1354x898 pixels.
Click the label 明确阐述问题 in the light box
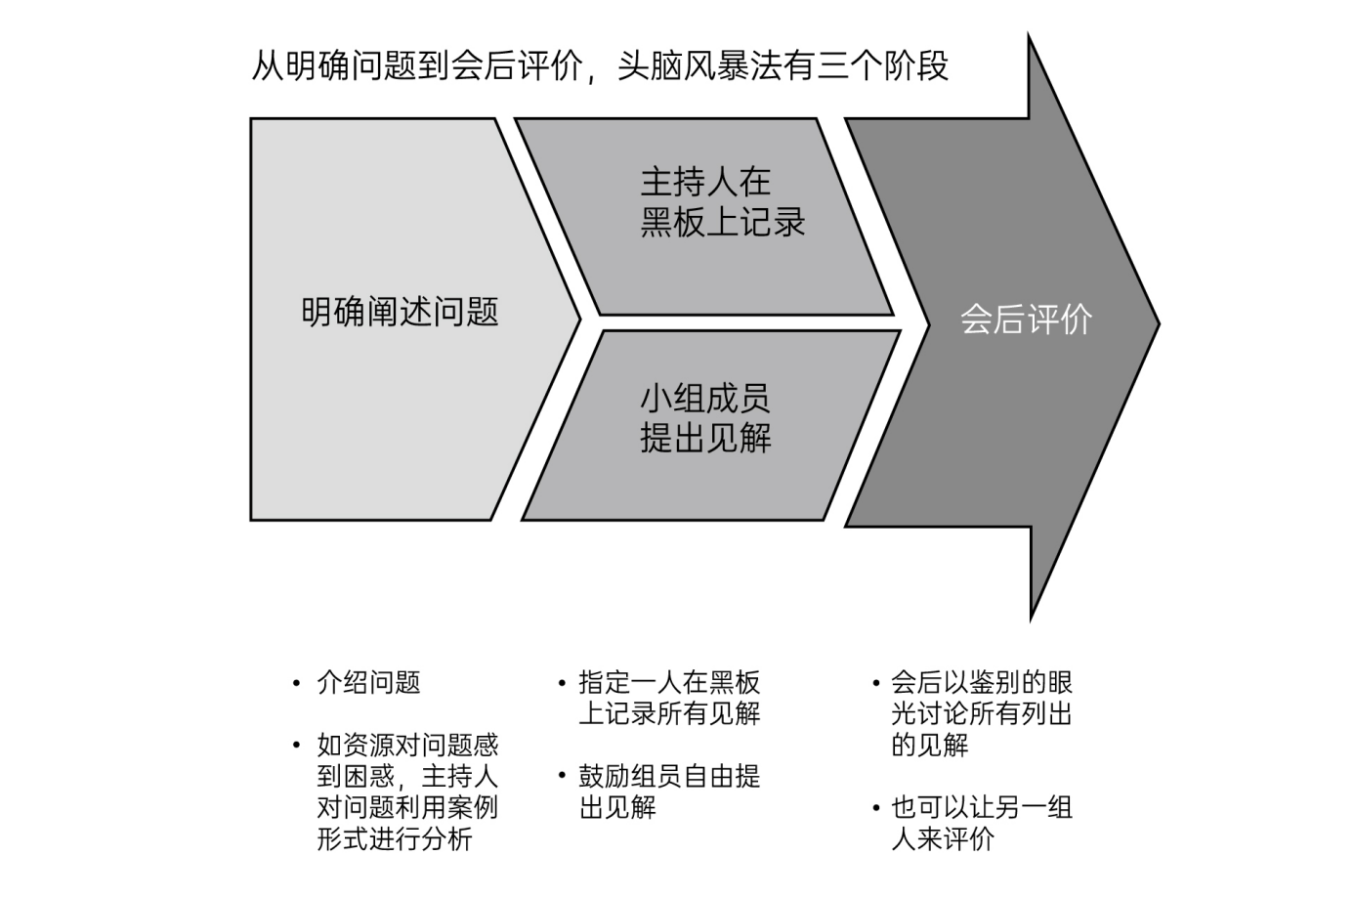coord(401,312)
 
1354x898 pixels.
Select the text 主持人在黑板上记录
coord(722,202)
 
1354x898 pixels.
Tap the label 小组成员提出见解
coord(705,418)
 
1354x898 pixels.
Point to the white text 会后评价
coord(1025,320)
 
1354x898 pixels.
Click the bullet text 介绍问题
coord(368,682)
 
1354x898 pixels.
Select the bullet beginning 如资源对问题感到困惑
coord(407,792)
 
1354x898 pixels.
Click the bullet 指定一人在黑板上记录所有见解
coord(669,698)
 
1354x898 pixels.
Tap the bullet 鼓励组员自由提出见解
coord(669,791)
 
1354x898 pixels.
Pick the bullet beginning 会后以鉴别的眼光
coord(981,713)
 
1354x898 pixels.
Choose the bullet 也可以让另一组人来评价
coord(981,823)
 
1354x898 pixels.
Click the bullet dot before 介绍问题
coord(297,683)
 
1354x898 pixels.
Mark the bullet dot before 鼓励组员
coord(562,777)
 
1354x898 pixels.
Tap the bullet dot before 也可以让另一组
coord(875,808)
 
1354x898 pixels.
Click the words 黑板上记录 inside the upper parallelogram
coord(722,223)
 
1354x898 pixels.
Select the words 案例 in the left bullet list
coord(473,808)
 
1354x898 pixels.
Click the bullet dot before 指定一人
coord(562,683)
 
